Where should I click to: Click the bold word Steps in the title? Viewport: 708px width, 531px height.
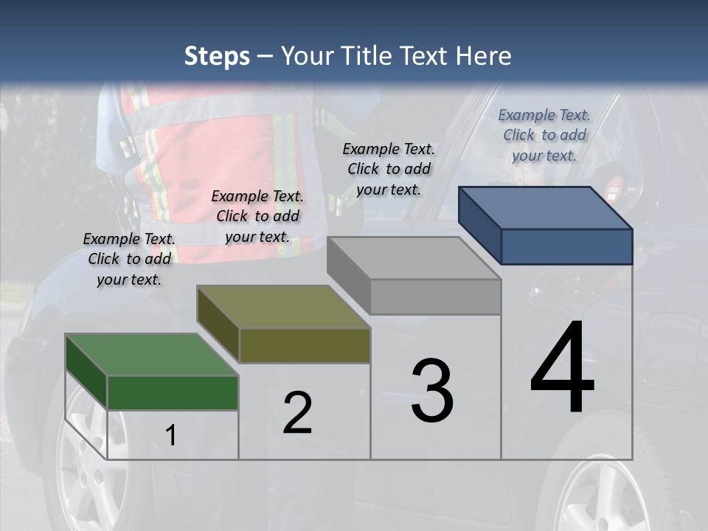point(217,56)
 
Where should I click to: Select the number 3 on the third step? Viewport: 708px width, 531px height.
point(432,391)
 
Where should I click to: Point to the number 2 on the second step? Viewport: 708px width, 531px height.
point(297,413)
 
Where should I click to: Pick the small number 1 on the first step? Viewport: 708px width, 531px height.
point(171,435)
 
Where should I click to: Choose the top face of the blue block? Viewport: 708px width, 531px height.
point(546,207)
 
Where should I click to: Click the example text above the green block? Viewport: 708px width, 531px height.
point(129,259)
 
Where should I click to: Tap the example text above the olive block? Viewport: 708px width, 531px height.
point(257,216)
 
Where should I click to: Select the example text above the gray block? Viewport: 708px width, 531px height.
point(389,169)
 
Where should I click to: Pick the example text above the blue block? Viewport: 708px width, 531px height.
point(544,135)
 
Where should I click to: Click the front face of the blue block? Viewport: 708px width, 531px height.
point(566,246)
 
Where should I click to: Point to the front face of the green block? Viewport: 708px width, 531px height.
point(173,392)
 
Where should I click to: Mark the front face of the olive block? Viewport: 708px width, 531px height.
point(305,345)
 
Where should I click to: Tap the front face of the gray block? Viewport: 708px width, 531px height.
point(435,296)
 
